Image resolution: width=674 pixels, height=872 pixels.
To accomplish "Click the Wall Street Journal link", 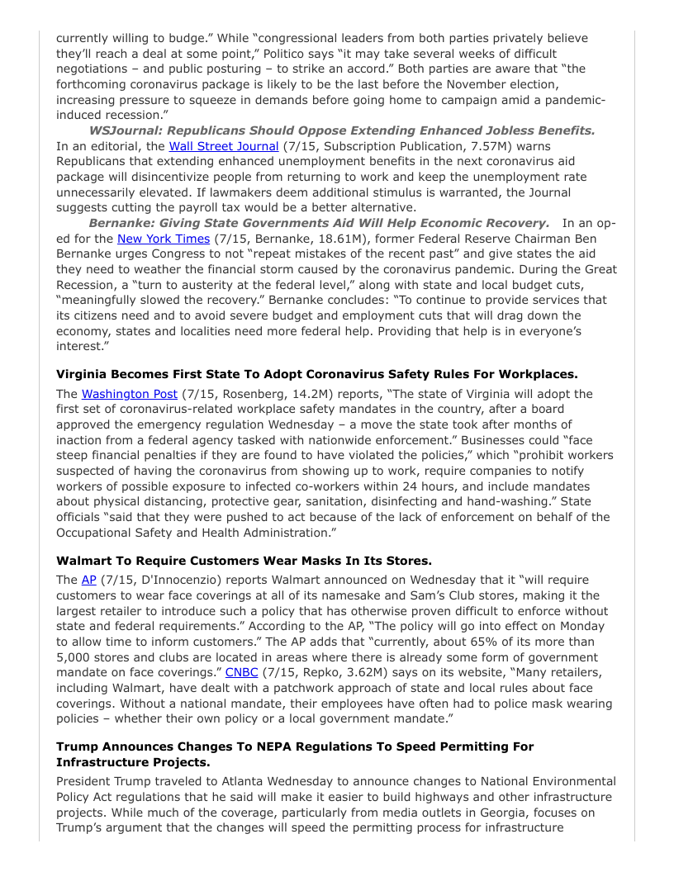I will [x=224, y=146].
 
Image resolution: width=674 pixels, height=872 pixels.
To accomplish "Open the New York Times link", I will [x=164, y=239].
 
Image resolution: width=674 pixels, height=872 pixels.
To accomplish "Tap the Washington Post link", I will [x=129, y=394].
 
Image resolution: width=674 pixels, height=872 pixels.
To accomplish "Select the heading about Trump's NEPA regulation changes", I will [x=295, y=754].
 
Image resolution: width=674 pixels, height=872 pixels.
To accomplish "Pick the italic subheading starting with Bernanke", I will [x=319, y=223].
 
